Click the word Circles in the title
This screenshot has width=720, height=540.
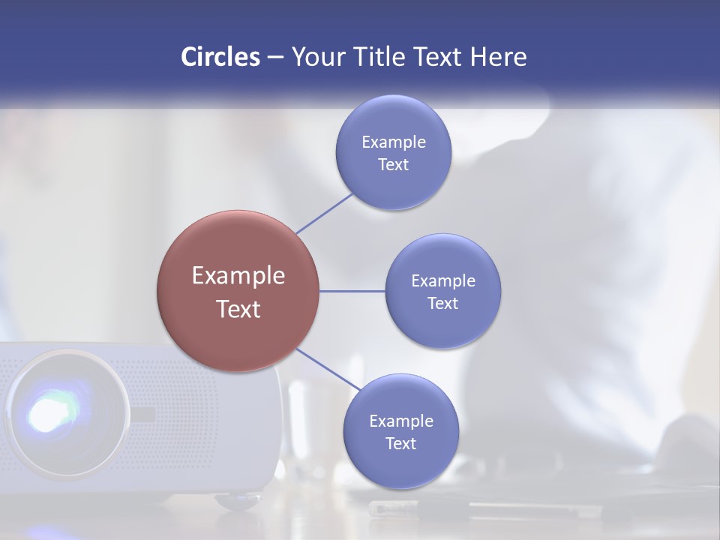coord(220,57)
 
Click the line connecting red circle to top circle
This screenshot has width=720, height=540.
coord(324,213)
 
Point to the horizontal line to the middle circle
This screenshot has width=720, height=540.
coord(352,291)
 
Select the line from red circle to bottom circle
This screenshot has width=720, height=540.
coord(327,370)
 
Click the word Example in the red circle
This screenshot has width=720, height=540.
coord(238,276)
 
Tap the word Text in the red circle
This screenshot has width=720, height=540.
coord(238,309)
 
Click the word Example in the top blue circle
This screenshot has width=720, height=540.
coord(394,142)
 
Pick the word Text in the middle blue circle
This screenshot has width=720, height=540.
coord(443,303)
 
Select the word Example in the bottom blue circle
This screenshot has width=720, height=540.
coord(401,421)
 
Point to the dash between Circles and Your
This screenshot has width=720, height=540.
coord(274,58)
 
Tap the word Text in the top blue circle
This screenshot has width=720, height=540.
coord(394,164)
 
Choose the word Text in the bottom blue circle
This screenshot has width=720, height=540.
coord(401,443)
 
